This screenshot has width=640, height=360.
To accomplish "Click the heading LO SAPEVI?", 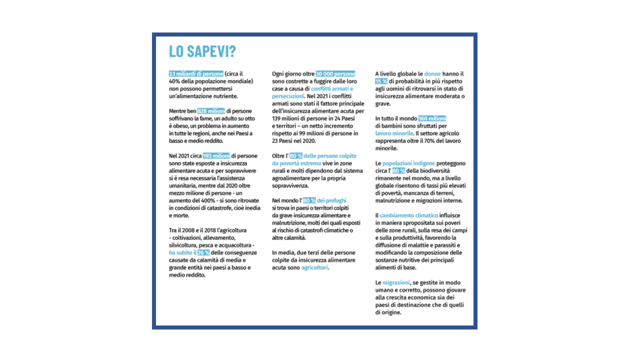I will click(202, 52).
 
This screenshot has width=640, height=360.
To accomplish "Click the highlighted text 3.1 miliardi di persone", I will click(196, 73).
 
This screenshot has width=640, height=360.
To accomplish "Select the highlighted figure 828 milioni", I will click(211, 111).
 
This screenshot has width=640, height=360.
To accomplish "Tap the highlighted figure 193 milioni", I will click(216, 156).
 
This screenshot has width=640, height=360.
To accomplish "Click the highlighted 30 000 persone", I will click(335, 73).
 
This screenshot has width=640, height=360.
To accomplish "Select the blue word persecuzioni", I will click(288, 95).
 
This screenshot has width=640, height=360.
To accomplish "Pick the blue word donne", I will click(432, 73).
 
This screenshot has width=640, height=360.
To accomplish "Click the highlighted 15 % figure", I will click(381, 81).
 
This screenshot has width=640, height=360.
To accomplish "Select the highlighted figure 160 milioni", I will click(432, 118).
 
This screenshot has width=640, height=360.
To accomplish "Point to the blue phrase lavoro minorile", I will click(394, 133).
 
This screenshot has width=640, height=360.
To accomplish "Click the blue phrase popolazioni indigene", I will click(409, 163).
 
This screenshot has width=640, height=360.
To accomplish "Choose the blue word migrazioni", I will click(396, 282).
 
